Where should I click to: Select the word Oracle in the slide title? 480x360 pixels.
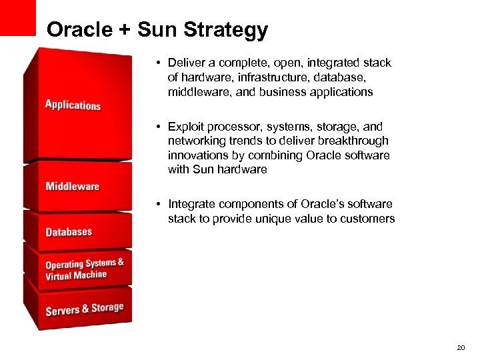79,30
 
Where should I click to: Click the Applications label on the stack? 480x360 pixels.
73,105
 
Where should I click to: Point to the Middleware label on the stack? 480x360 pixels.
72,186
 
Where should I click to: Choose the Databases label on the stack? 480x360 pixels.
69,232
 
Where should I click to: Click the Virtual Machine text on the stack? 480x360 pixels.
76,275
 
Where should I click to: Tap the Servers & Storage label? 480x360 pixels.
84,309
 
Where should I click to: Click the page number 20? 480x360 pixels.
461,348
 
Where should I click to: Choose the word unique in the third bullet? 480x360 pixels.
283,219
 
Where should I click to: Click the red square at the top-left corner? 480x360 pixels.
17,17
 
